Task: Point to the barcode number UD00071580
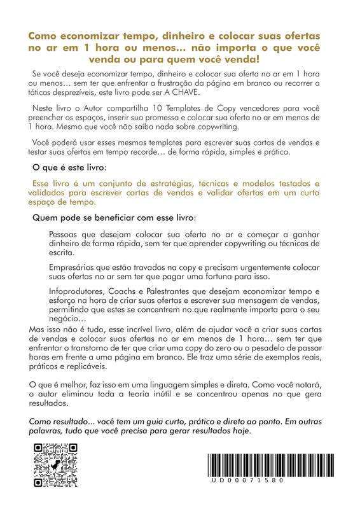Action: (x=248, y=480)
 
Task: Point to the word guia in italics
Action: (x=149, y=421)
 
